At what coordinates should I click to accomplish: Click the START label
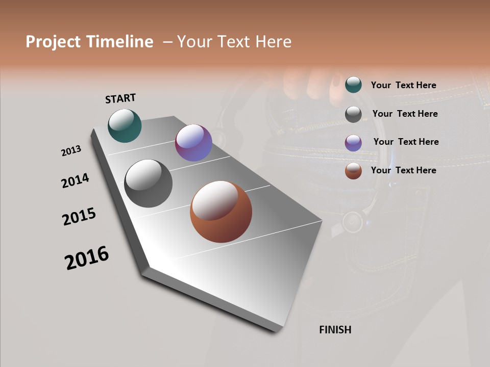(120, 98)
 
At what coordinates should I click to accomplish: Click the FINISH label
(335, 330)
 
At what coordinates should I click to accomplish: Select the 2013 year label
(71, 151)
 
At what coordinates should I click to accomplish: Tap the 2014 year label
(75, 180)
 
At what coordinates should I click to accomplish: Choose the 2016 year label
(87, 258)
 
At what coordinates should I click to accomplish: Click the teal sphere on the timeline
(125, 125)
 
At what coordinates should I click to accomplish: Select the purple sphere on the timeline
(193, 143)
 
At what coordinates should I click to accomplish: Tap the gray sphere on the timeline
(149, 183)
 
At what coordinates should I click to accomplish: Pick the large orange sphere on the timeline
(221, 212)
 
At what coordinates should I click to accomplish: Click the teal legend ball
(353, 85)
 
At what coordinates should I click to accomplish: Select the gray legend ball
(353, 114)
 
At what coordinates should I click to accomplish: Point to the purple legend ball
(353, 143)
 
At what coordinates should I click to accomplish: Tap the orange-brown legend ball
(353, 171)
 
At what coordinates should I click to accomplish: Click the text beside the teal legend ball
(403, 85)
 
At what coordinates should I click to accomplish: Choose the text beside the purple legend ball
(406, 142)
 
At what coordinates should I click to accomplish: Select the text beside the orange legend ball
(403, 170)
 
